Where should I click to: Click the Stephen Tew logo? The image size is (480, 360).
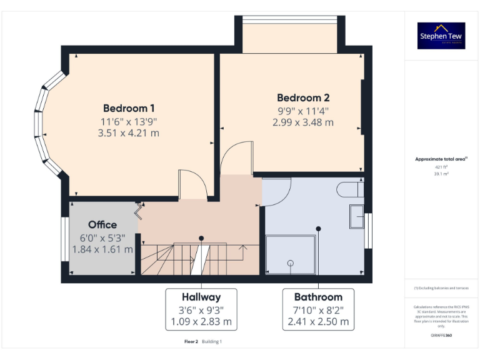(x=441, y=36)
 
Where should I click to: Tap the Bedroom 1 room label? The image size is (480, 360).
(x=129, y=107)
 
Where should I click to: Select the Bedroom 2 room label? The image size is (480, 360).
(x=303, y=97)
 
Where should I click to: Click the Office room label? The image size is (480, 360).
(x=102, y=224)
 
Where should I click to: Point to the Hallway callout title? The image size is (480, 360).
(x=201, y=297)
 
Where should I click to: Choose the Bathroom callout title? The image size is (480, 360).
(x=318, y=297)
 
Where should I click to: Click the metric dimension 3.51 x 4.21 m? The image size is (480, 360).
(x=129, y=132)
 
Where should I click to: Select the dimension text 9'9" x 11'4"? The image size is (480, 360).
(x=303, y=111)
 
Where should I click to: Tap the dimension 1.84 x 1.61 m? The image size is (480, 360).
(x=102, y=249)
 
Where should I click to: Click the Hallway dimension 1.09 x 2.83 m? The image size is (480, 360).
(x=201, y=322)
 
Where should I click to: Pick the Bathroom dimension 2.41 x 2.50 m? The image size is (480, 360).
(x=318, y=322)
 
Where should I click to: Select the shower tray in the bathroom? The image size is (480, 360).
(x=291, y=255)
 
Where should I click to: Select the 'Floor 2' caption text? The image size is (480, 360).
(x=191, y=342)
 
